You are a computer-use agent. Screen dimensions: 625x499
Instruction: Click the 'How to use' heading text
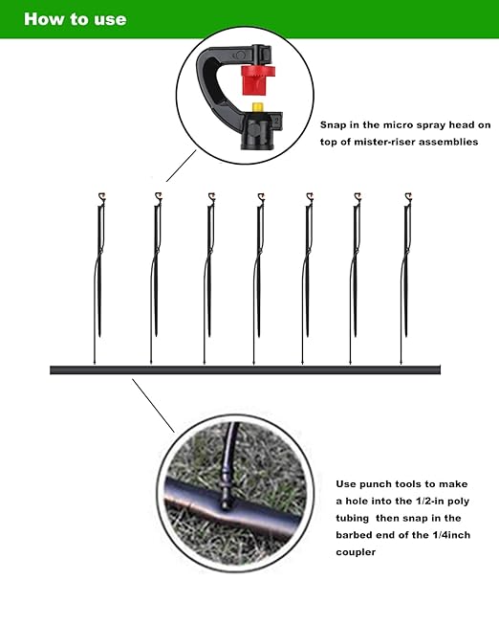coord(74,19)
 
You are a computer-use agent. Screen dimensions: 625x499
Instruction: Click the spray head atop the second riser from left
coord(155,198)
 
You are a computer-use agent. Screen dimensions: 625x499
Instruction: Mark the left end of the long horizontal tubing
coord(54,369)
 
